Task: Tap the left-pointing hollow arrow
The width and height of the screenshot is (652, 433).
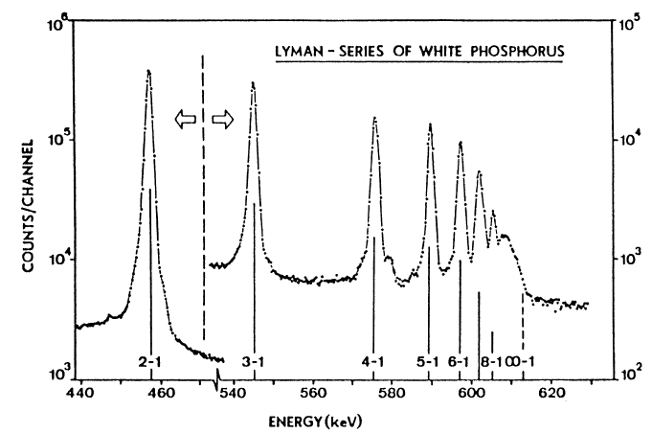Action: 183,118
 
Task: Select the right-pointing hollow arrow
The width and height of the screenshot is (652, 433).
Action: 222,118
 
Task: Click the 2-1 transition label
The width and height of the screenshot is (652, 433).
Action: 149,362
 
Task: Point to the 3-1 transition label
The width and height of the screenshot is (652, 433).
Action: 254,362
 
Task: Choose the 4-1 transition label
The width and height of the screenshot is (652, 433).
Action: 373,362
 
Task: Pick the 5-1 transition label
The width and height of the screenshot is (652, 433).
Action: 428,362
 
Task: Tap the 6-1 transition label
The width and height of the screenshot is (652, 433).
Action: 459,362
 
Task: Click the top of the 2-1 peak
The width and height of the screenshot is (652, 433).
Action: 148,71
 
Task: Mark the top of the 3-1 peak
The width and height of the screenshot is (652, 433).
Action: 253,82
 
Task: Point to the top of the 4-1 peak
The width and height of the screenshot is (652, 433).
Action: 374,118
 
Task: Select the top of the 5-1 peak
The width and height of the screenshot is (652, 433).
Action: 430,125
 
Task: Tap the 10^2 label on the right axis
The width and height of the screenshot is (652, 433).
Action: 626,372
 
